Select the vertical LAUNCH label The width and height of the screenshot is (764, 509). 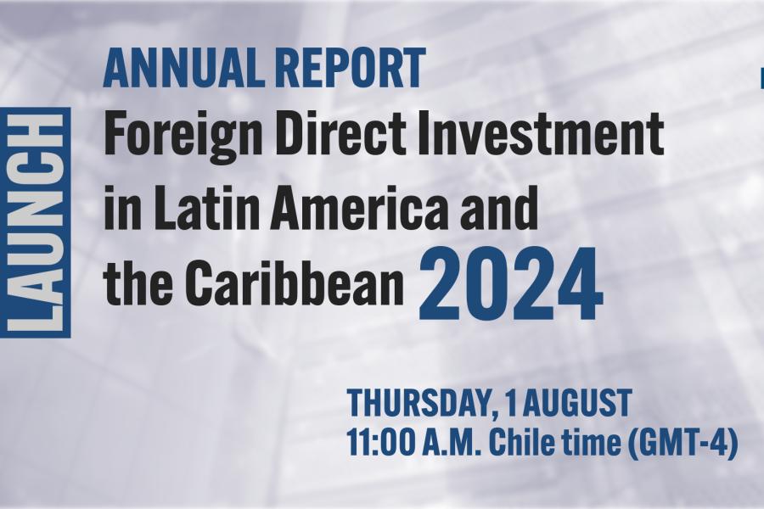pyautogui.click(x=36, y=222)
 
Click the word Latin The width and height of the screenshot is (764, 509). pyautogui.click(x=205, y=207)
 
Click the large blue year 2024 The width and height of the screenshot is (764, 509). pyautogui.click(x=511, y=283)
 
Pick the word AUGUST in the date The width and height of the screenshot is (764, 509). pyautogui.click(x=576, y=403)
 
